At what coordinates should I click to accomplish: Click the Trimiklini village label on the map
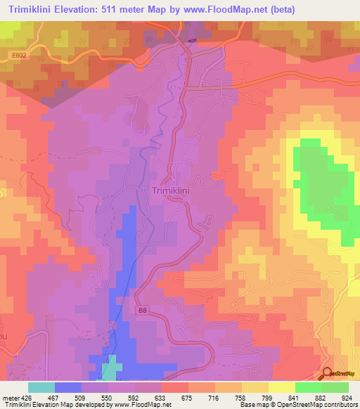tap(172, 190)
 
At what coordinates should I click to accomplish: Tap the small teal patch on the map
tap(109, 370)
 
